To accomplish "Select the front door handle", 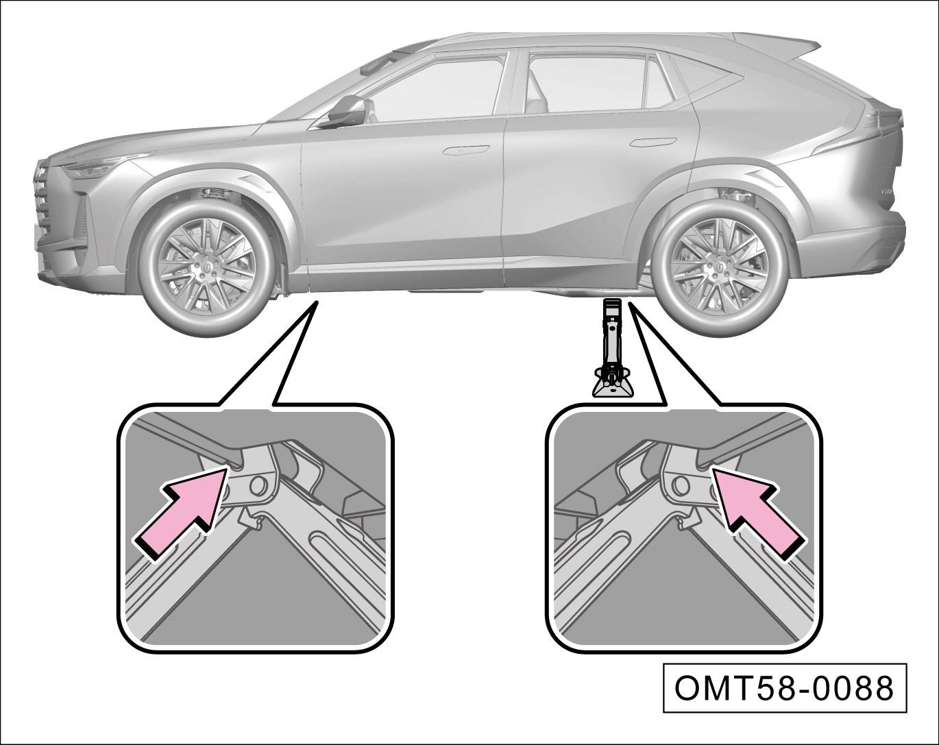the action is tap(464, 149).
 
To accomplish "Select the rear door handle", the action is tap(652, 143).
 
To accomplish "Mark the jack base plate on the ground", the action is tap(612, 389).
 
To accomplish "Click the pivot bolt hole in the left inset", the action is tap(259, 484).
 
